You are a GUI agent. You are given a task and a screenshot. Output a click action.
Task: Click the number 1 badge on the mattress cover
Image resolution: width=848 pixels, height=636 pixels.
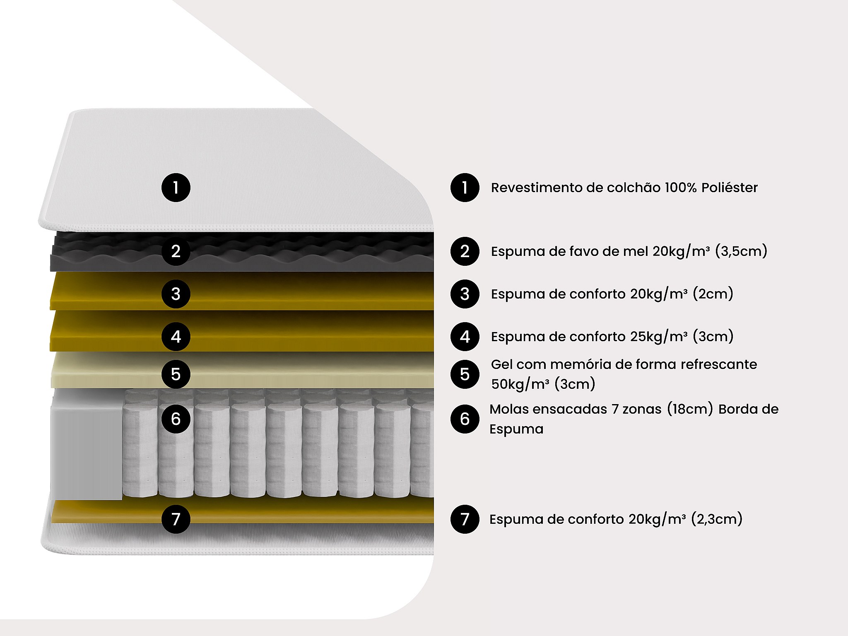(x=176, y=188)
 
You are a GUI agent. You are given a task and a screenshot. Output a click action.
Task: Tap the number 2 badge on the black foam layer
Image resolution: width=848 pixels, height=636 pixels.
(x=176, y=251)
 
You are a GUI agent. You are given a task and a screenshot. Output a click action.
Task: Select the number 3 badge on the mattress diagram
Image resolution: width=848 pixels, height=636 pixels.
(x=176, y=294)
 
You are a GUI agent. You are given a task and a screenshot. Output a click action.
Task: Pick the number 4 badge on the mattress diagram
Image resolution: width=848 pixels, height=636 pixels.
(x=176, y=337)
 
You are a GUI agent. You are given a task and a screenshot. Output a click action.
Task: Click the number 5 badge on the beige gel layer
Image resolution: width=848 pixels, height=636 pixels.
(x=176, y=374)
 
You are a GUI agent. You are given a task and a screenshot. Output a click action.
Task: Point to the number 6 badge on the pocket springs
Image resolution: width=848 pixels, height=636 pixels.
(x=176, y=419)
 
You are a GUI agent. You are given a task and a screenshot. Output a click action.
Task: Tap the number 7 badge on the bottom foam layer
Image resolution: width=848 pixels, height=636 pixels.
(x=176, y=519)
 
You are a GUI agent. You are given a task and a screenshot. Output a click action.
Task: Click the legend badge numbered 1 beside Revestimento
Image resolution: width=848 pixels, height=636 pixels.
(x=465, y=188)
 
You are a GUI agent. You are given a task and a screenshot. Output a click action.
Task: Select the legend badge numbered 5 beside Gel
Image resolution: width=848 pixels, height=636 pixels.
(x=465, y=374)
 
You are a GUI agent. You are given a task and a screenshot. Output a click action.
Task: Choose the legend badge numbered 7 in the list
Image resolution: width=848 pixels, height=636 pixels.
(x=465, y=519)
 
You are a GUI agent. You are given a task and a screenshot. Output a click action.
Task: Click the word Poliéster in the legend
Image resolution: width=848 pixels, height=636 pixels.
(x=730, y=188)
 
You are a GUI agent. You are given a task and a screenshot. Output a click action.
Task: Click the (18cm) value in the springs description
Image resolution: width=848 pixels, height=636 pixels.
(x=690, y=409)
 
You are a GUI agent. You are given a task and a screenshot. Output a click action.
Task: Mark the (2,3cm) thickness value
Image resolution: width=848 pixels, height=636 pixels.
(x=717, y=519)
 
